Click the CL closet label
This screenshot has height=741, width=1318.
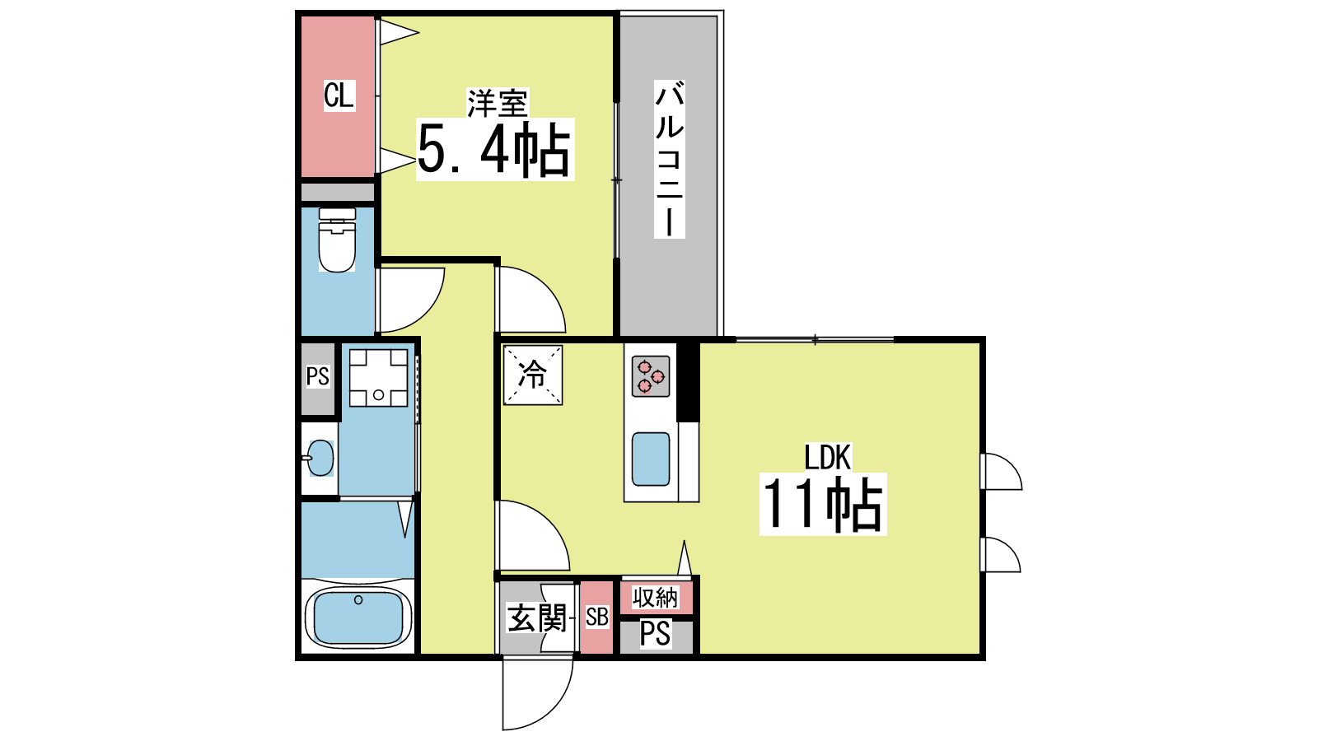(339, 95)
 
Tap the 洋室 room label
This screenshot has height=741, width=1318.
(498, 104)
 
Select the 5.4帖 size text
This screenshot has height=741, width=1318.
(494, 149)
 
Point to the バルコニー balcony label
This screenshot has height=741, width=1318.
(669, 160)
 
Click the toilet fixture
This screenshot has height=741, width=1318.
(337, 240)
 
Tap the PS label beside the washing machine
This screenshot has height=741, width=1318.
(318, 376)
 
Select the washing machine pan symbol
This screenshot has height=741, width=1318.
(378, 378)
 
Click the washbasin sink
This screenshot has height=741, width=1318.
(320, 458)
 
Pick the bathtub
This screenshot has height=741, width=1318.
(358, 617)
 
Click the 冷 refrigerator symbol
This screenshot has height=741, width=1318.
(532, 375)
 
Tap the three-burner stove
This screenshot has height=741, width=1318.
(651, 376)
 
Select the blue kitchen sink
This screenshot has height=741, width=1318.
(651, 459)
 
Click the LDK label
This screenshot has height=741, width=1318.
(827, 458)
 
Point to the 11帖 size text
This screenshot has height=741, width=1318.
(823, 505)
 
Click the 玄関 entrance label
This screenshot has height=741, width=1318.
(536, 618)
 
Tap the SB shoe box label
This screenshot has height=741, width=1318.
(596, 617)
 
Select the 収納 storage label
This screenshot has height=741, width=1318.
(656, 598)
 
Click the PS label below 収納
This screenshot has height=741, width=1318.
(655, 634)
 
